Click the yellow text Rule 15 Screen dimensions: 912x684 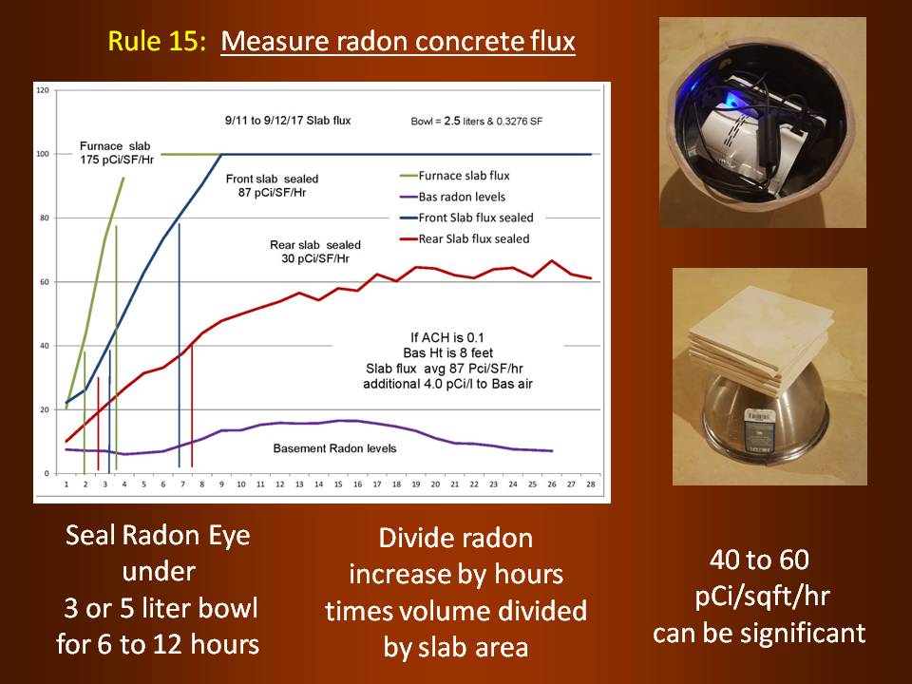point(157,41)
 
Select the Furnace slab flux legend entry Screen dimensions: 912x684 point(455,176)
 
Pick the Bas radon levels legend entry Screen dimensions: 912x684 point(453,197)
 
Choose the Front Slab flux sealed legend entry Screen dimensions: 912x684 point(467,218)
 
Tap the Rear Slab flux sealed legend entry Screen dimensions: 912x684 point(465,238)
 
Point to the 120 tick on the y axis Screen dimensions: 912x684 point(43,91)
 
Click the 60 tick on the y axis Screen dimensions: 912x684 point(45,282)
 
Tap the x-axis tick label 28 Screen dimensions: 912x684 point(590,484)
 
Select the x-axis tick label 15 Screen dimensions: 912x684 point(338,484)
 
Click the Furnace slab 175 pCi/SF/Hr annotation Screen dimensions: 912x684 point(116,153)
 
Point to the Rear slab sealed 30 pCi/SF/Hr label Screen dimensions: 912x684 point(315,252)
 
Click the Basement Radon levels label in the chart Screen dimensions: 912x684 point(334,448)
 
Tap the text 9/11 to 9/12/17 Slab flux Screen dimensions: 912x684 point(288,121)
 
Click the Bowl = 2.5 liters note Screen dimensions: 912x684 point(477,121)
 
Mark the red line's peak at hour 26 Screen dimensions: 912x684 point(551,260)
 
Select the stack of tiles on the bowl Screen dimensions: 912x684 point(761,346)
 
